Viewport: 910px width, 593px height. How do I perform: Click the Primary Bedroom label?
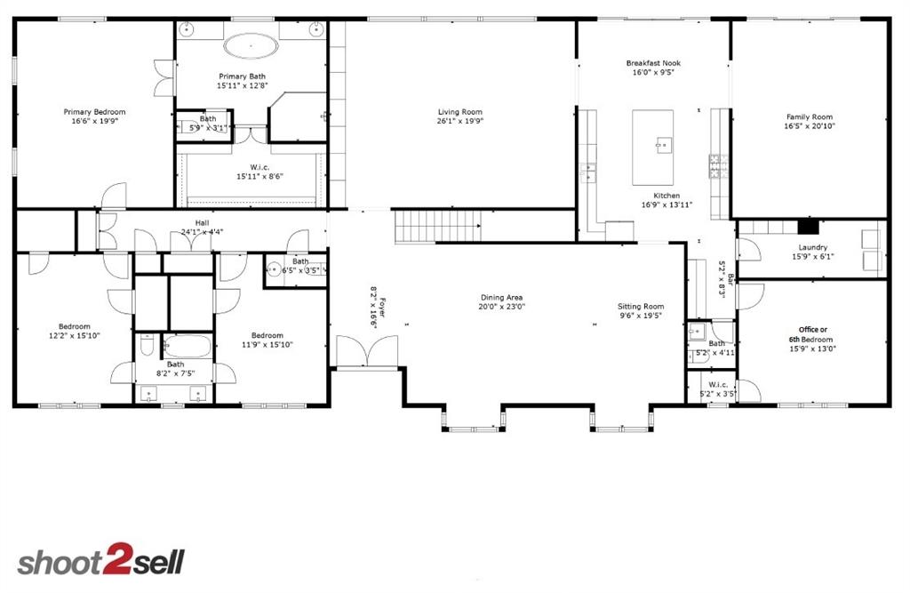pos(94,112)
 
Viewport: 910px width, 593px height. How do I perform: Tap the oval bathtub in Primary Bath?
pos(251,45)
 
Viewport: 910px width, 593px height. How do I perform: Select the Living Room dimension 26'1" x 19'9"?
pos(459,122)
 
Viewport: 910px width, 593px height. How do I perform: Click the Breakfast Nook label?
pos(653,63)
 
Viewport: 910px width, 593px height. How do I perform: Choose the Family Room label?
pos(809,116)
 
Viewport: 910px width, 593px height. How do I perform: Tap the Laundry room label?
pos(812,248)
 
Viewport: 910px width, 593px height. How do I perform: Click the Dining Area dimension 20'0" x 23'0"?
pos(503,307)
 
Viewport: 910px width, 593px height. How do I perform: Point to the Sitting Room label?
pos(641,307)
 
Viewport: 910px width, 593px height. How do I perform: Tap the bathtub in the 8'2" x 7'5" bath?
pos(187,345)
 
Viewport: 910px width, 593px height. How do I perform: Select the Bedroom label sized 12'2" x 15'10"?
pos(75,326)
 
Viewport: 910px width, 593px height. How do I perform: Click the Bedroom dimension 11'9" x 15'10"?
pos(267,345)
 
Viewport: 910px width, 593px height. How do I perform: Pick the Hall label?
pos(202,223)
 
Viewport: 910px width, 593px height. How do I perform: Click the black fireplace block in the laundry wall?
pos(806,226)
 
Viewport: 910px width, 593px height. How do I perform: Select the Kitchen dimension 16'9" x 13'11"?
pos(667,204)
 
